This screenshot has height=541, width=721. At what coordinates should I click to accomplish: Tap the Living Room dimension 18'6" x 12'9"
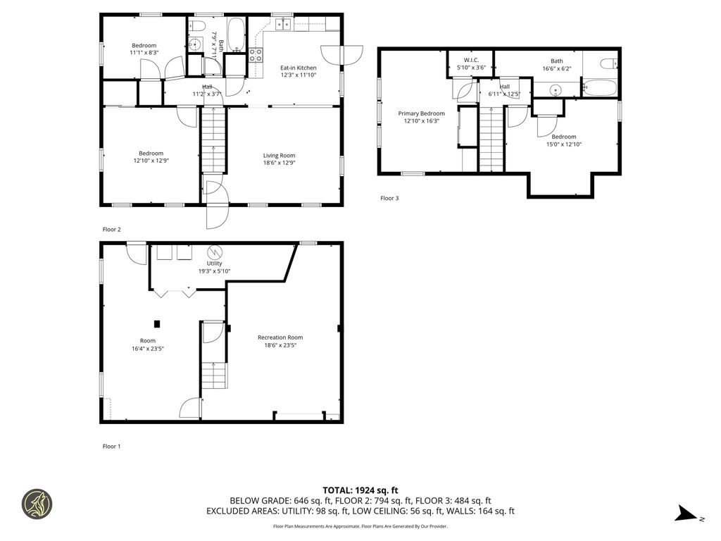[279, 163]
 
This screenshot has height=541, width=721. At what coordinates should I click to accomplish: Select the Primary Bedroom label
[421, 113]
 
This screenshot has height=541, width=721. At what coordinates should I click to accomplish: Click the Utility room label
[214, 263]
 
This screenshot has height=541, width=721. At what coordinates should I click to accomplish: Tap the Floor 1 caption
[112, 446]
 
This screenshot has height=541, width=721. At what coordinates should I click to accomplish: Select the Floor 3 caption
[389, 198]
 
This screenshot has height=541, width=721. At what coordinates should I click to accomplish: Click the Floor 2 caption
[112, 229]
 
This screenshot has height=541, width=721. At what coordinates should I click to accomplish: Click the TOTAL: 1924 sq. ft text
[360, 490]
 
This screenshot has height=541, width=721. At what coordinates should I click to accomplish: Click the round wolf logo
[37, 504]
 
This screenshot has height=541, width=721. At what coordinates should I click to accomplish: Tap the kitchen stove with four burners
[256, 56]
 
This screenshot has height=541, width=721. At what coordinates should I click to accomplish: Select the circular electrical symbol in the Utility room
[214, 252]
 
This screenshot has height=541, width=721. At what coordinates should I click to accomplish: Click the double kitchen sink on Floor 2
[283, 25]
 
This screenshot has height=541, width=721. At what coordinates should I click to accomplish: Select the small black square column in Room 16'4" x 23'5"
[157, 324]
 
